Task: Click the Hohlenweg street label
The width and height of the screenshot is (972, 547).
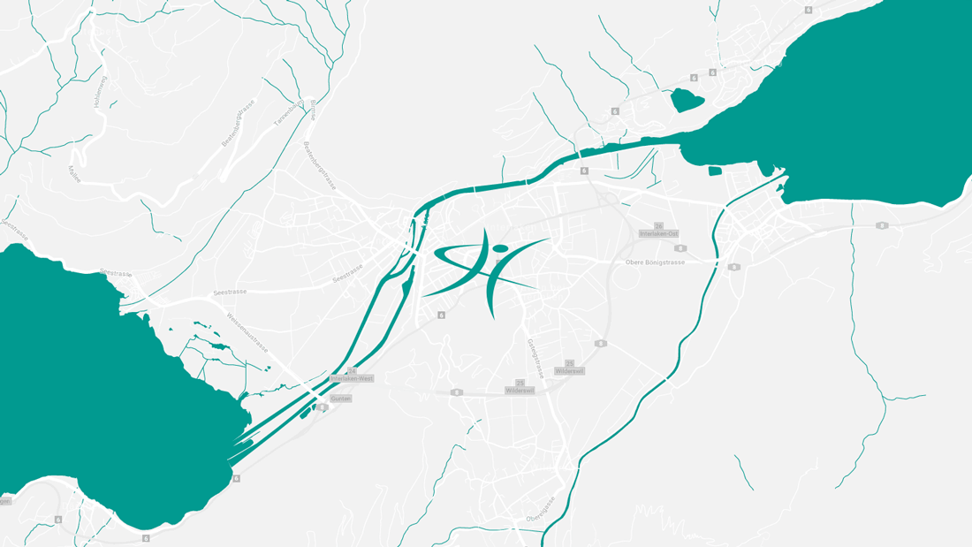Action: click(x=100, y=93)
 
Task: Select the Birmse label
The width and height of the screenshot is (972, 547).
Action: click(x=314, y=110)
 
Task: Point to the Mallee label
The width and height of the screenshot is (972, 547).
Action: click(x=74, y=173)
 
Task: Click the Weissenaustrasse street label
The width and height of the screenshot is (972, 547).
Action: click(x=247, y=332)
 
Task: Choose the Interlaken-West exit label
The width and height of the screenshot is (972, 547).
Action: click(x=352, y=378)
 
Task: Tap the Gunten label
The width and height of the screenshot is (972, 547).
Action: click(x=340, y=399)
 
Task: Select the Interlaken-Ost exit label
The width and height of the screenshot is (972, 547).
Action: click(x=659, y=234)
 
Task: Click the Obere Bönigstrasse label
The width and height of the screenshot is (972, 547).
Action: click(x=655, y=262)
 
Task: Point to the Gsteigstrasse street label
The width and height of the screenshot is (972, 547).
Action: click(x=535, y=358)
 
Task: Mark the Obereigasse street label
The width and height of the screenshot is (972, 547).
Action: click(x=540, y=509)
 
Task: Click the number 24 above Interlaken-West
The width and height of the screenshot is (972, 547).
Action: click(x=352, y=371)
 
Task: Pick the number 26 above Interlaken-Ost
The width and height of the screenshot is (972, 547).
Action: click(x=658, y=226)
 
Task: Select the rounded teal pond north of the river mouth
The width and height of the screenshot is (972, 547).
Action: click(x=687, y=99)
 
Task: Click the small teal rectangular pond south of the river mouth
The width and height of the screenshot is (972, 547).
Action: click(x=715, y=171)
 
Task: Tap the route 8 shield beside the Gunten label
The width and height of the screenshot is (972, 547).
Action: click(x=322, y=407)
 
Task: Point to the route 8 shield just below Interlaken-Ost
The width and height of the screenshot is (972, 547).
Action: click(x=680, y=248)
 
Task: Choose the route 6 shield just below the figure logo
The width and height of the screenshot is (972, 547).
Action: click(x=441, y=315)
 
